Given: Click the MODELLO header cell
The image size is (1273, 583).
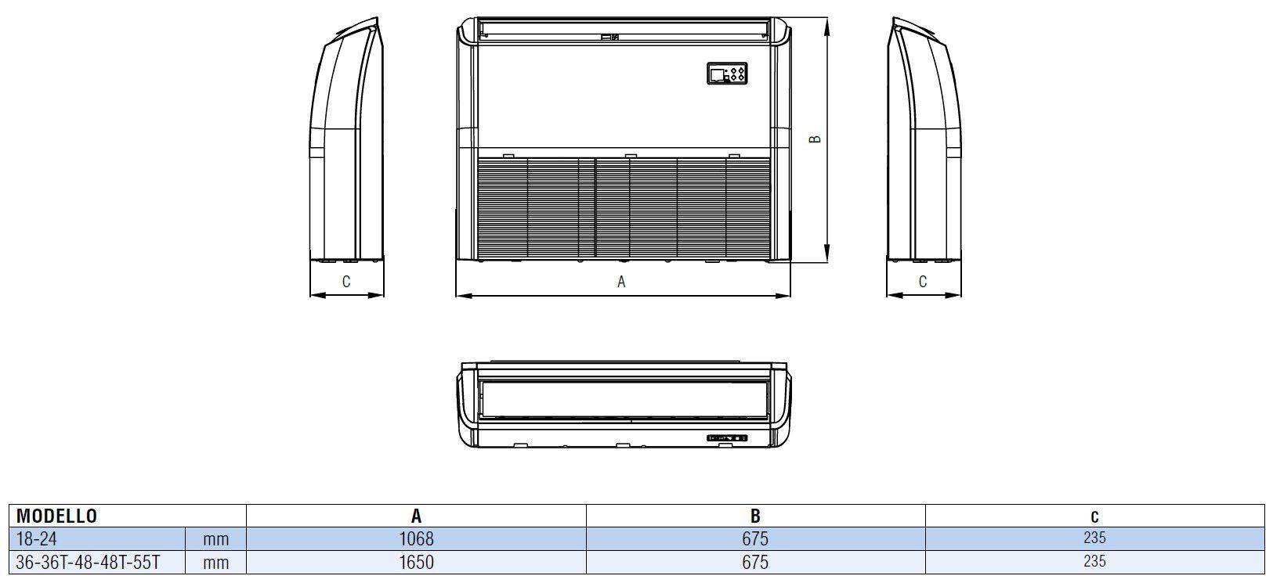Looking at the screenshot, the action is pyautogui.click(x=56, y=516).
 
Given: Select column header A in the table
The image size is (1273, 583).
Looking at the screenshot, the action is pyautogui.click(x=416, y=516).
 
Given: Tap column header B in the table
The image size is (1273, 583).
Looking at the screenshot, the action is pyautogui.click(x=754, y=516).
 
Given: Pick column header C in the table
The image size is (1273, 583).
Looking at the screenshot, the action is pyautogui.click(x=1094, y=516).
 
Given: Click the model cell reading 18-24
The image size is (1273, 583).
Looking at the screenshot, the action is pyautogui.click(x=36, y=538).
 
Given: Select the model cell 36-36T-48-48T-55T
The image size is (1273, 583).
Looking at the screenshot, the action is pyautogui.click(x=88, y=562).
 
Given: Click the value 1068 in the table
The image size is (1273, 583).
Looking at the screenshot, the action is pyautogui.click(x=416, y=538).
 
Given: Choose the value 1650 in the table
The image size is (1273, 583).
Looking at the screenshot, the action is pyautogui.click(x=416, y=562).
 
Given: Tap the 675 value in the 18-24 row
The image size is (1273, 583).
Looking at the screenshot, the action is pyautogui.click(x=754, y=538).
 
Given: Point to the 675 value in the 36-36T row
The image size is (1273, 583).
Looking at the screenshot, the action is pyautogui.click(x=754, y=562).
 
